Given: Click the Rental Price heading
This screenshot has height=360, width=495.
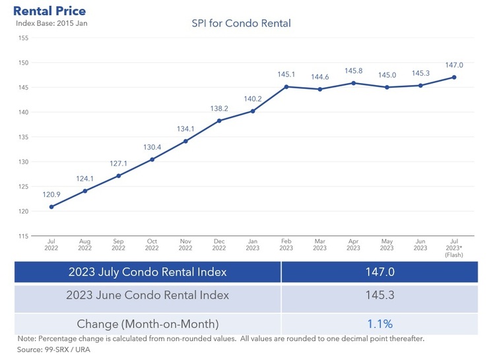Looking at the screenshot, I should (49, 11).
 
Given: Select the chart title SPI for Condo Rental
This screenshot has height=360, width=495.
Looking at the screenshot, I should (241, 24).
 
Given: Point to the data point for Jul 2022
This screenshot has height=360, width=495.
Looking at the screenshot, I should (51, 206).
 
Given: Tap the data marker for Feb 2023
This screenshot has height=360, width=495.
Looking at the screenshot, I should (286, 86).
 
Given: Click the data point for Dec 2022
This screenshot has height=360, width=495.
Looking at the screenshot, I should (219, 121).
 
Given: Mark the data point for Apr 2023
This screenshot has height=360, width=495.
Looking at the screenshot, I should (354, 83).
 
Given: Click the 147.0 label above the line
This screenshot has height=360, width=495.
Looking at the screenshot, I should (454, 65).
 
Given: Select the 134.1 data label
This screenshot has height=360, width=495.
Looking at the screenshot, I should (185, 129).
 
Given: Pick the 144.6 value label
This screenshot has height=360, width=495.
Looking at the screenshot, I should (320, 77).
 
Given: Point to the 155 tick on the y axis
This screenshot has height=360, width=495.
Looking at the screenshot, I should (23, 38).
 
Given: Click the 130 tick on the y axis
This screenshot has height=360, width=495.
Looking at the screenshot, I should (23, 162).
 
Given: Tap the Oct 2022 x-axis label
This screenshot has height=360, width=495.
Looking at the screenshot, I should (152, 245).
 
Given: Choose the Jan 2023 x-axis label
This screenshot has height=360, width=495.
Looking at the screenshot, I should (253, 245).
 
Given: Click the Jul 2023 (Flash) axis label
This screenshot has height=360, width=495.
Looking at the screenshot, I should (454, 248).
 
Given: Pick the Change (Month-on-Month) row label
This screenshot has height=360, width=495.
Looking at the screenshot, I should (148, 323).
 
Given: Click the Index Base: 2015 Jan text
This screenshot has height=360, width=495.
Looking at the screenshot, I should (51, 24).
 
